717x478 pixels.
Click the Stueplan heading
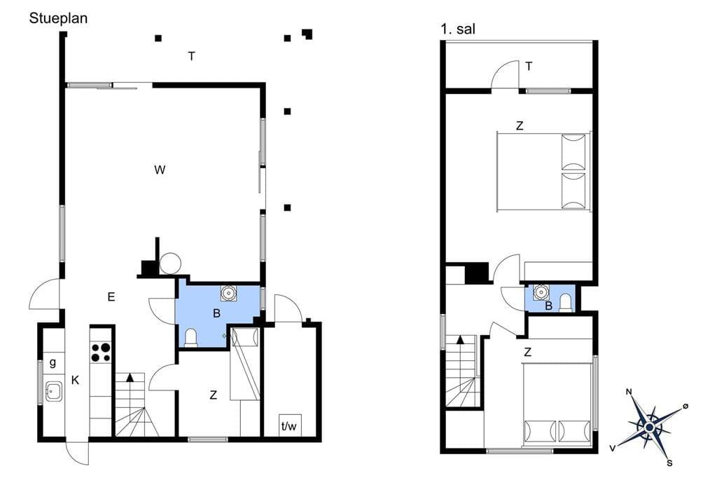click(58, 19)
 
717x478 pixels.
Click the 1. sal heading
click(458, 29)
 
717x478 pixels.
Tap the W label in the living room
click(160, 170)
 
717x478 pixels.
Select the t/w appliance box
click(289, 425)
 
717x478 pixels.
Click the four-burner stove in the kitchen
click(101, 352)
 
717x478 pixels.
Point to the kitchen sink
click(53, 392)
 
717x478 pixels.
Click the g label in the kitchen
click(53, 362)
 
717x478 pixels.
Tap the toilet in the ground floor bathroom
click(190, 338)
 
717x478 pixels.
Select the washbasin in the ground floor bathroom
click(228, 293)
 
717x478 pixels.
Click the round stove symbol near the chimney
click(170, 264)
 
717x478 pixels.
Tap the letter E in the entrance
click(111, 297)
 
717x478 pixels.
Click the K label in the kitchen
click(75, 380)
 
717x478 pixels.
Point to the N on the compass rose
click(629, 392)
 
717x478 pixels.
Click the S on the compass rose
click(669, 463)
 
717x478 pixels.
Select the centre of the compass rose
click(649, 427)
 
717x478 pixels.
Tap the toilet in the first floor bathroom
click(566, 303)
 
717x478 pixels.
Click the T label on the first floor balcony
click(529, 67)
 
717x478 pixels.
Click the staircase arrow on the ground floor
click(130, 378)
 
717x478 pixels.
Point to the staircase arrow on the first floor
click(460, 340)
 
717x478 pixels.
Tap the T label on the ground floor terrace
click(192, 56)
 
